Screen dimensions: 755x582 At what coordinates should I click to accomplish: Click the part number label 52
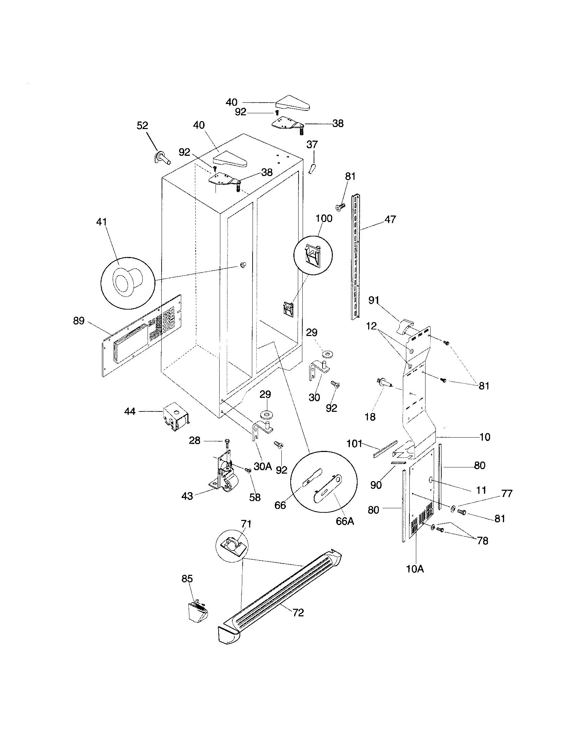[142, 126]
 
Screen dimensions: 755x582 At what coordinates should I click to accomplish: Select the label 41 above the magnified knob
[101, 222]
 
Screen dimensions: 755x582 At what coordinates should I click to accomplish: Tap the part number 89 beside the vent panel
[79, 321]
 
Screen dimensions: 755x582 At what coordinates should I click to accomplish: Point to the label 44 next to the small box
[130, 411]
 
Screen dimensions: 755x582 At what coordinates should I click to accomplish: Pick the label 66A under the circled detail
[345, 521]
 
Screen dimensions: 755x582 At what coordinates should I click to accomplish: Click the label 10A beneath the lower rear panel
[415, 569]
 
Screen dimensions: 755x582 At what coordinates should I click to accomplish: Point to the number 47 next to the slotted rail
[390, 219]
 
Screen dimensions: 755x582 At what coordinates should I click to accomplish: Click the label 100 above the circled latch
[324, 219]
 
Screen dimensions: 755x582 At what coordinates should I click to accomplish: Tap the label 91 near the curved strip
[374, 300]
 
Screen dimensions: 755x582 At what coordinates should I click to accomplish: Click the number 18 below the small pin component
[370, 417]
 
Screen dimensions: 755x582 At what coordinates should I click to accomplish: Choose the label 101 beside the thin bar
[354, 443]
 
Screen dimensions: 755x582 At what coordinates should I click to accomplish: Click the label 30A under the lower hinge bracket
[263, 466]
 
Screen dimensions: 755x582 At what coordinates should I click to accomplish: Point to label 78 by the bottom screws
[482, 541]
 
